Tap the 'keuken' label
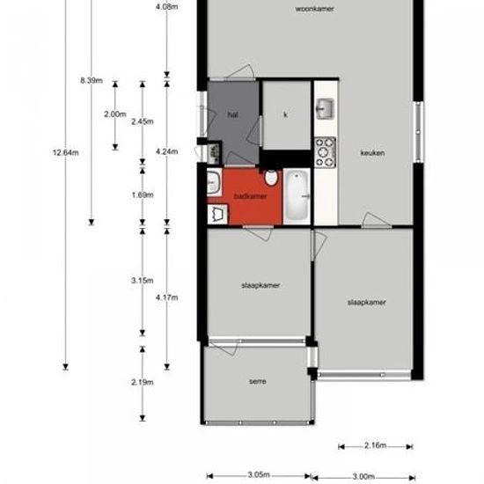coord(372,152)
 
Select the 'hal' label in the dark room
coord(232,114)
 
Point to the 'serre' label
coord(258,381)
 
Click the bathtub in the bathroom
coord(297,195)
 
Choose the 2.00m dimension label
coord(114,114)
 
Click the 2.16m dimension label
coord(376,446)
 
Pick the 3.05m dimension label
coord(257,474)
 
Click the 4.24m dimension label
coord(167,151)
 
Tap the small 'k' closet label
coord(286,115)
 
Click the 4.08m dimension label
coord(167,7)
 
